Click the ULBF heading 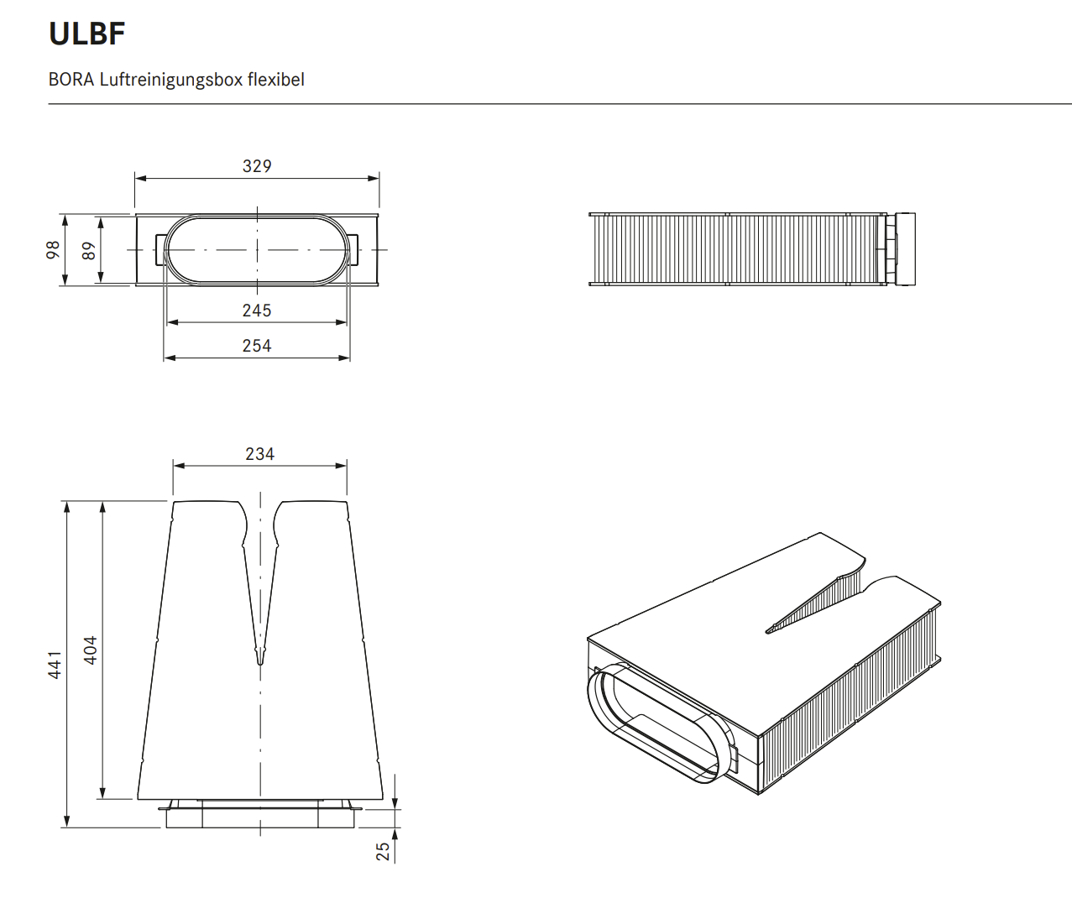[x=87, y=34]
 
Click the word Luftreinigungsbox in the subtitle [x=171, y=80]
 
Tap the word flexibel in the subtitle [x=276, y=80]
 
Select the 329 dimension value [x=257, y=166]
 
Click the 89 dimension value [x=89, y=250]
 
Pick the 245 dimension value [x=257, y=311]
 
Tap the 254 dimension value [x=257, y=346]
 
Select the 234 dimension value [x=259, y=454]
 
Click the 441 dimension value [x=55, y=664]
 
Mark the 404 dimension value [x=90, y=650]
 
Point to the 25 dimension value [x=383, y=851]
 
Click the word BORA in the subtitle [x=71, y=80]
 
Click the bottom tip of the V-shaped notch [x=259, y=661]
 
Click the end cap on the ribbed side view [x=904, y=249]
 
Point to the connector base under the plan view [x=260, y=816]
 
